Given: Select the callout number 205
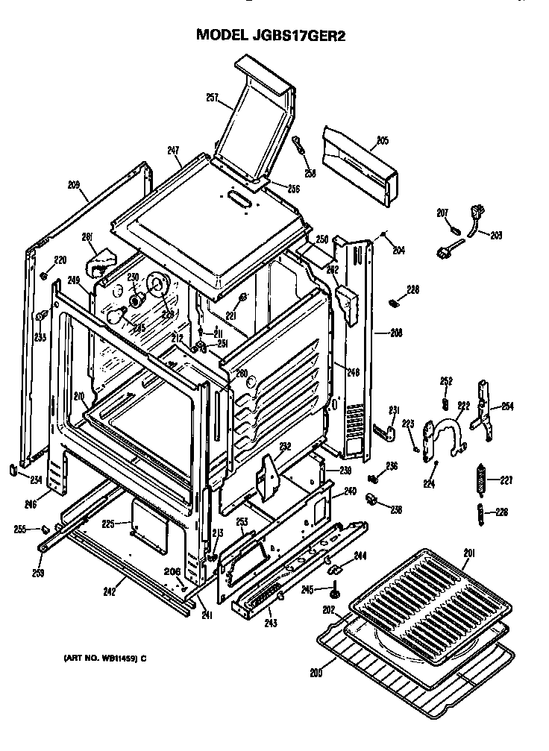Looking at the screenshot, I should [382, 139].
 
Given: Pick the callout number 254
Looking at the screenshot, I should [507, 406].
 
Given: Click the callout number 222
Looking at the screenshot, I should [463, 406].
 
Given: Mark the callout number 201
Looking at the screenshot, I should [468, 553].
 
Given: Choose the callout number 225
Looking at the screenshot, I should [108, 524].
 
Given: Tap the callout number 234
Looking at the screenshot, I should [36, 480].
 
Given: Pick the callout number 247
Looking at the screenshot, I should [174, 151].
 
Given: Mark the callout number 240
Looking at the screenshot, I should [351, 491].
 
